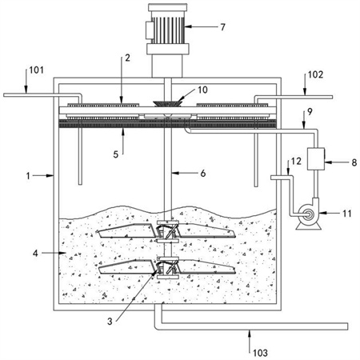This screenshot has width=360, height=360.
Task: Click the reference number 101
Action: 36,70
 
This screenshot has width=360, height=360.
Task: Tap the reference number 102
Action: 315,74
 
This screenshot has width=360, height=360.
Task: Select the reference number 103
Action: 260,353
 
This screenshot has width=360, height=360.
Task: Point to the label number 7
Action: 222,27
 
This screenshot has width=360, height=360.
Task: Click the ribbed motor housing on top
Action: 168,27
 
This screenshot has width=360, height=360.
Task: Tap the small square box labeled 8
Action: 316,159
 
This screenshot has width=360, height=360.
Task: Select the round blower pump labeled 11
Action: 308,215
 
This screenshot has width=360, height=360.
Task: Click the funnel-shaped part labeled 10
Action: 168,103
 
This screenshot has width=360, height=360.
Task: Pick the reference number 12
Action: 296,161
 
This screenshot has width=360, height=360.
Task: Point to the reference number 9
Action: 310,112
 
